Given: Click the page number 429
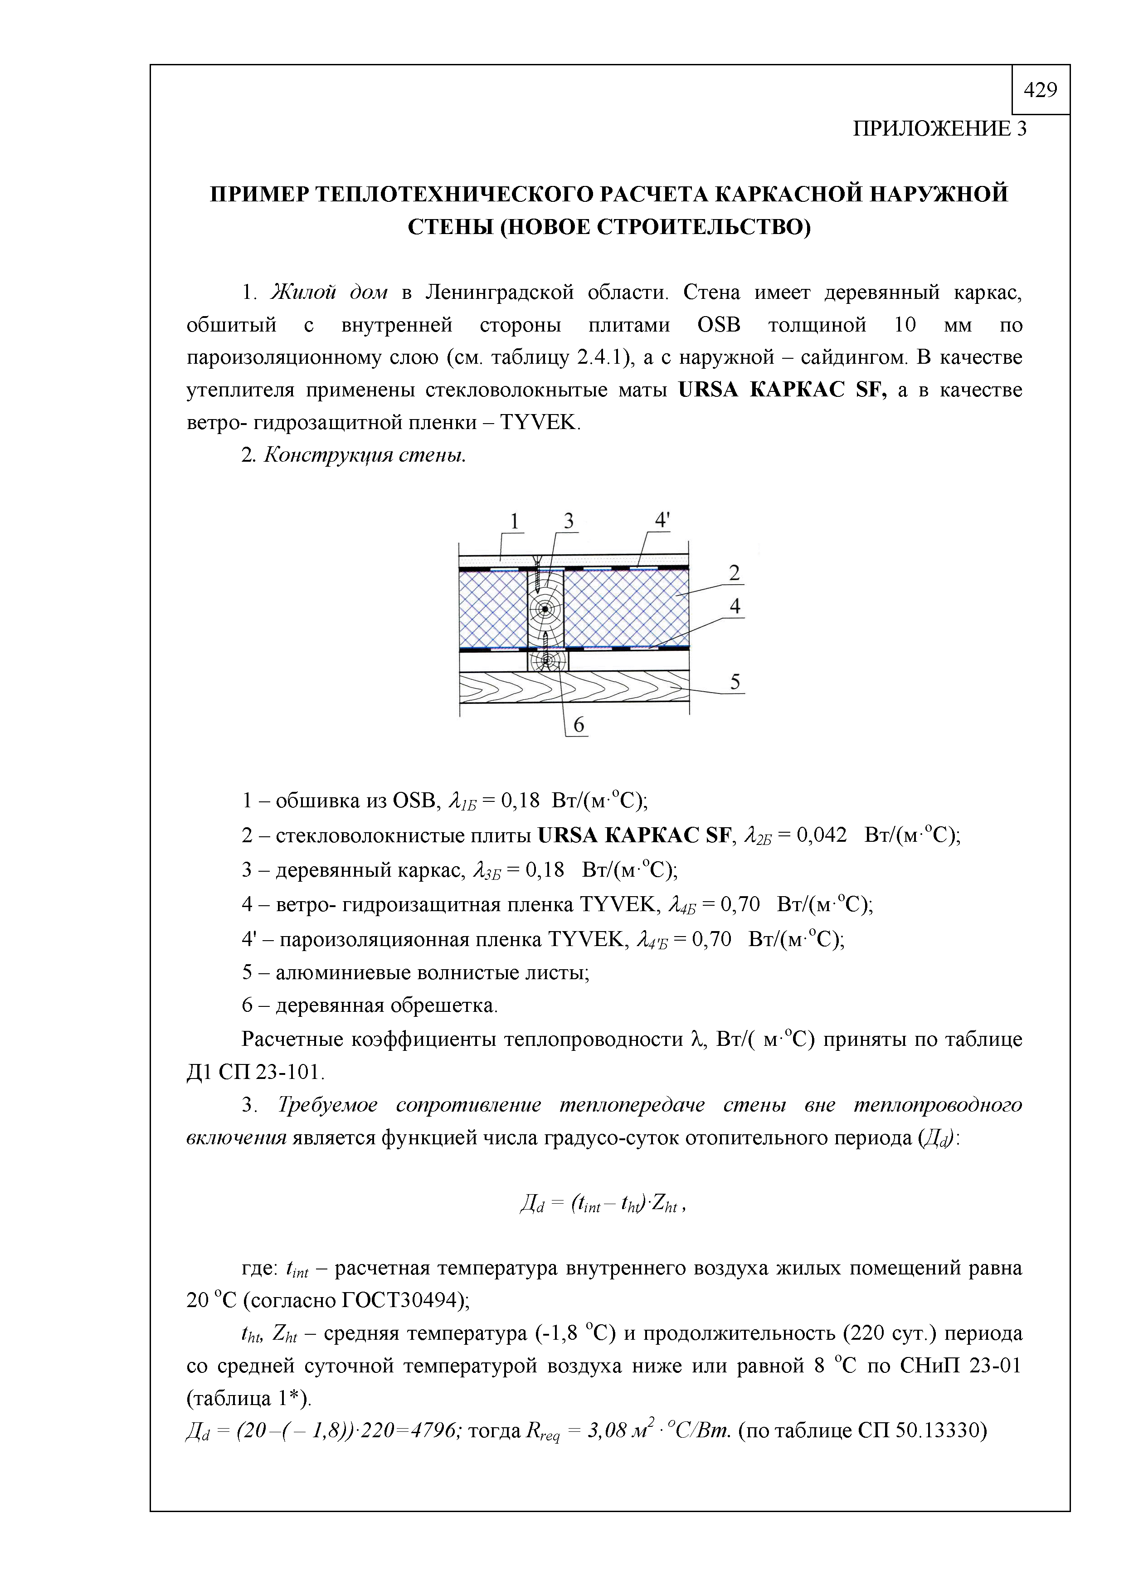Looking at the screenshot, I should coord(1040,89).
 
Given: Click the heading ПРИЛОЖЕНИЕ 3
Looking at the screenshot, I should coord(939,129).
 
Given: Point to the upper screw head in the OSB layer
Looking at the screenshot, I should coord(535,558).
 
